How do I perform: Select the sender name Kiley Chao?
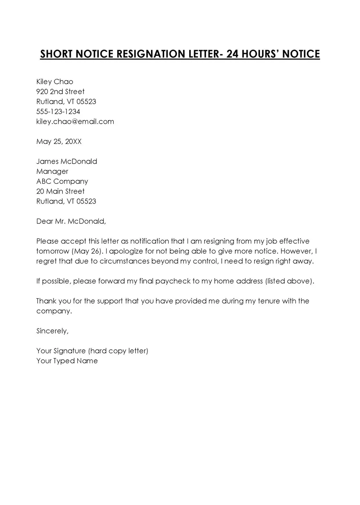pos(54,82)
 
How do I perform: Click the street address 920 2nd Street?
pos(60,92)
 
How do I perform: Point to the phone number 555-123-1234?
pos(58,111)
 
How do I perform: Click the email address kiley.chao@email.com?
pos(75,122)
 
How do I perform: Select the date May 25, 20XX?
pos(59,142)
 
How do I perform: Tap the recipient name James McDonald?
pos(67,161)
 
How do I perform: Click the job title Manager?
pos(52,172)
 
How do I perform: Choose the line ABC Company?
pos(62,181)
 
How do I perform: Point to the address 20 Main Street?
pos(60,191)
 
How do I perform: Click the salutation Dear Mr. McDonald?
pos(71,221)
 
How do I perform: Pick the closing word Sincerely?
pos(52,331)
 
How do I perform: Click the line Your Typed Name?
pos(67,361)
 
